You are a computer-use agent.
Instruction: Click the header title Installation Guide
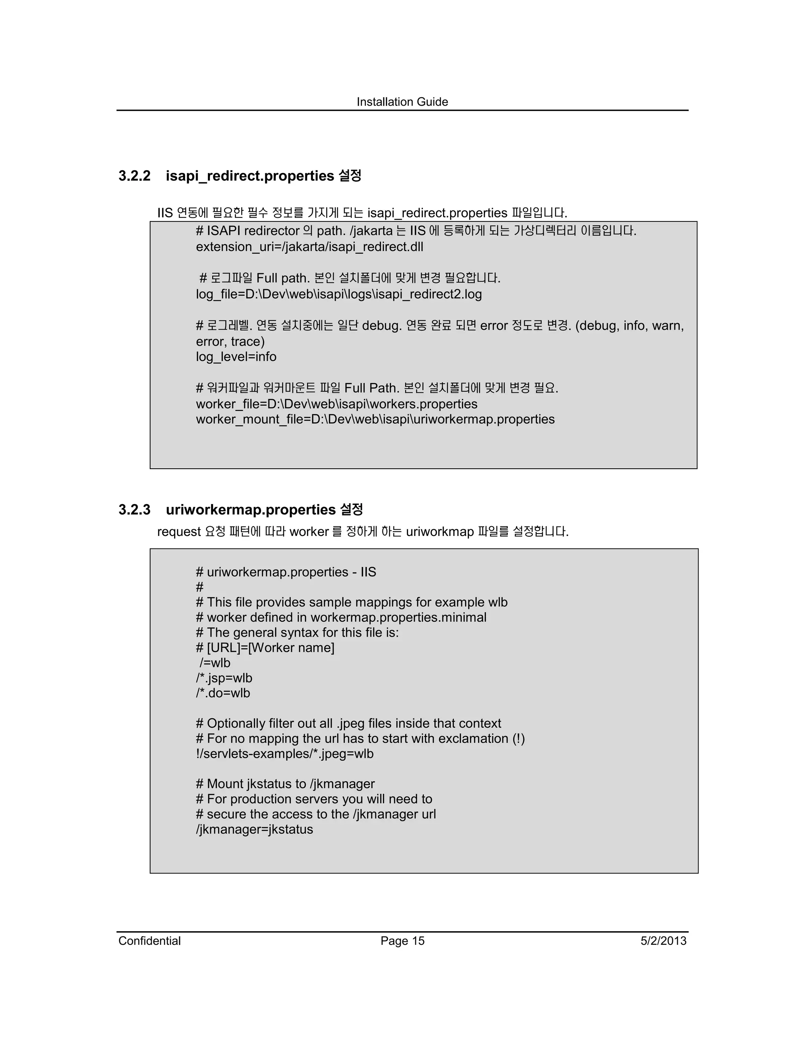click(x=402, y=101)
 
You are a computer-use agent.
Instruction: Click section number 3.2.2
click(x=134, y=176)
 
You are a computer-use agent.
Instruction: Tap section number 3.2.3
click(x=134, y=510)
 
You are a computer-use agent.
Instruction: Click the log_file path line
click(x=338, y=294)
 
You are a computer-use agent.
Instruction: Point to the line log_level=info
click(x=236, y=357)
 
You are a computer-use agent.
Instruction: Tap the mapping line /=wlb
click(x=215, y=663)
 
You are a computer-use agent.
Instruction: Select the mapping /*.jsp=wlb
click(x=224, y=678)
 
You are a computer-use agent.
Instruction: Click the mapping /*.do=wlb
click(x=223, y=693)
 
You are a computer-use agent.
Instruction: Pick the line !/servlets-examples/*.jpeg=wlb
click(x=285, y=753)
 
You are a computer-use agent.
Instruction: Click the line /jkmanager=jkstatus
click(x=254, y=829)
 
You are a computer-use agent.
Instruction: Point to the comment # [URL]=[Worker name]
click(x=265, y=648)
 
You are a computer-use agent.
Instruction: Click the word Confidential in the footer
click(x=149, y=941)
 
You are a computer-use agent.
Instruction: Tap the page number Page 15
click(x=402, y=941)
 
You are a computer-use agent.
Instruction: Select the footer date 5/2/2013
click(x=663, y=941)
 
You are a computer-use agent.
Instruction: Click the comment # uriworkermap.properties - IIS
click(x=286, y=572)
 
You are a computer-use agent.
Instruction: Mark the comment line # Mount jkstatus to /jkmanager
click(x=285, y=784)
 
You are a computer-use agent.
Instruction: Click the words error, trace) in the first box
click(x=230, y=342)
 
